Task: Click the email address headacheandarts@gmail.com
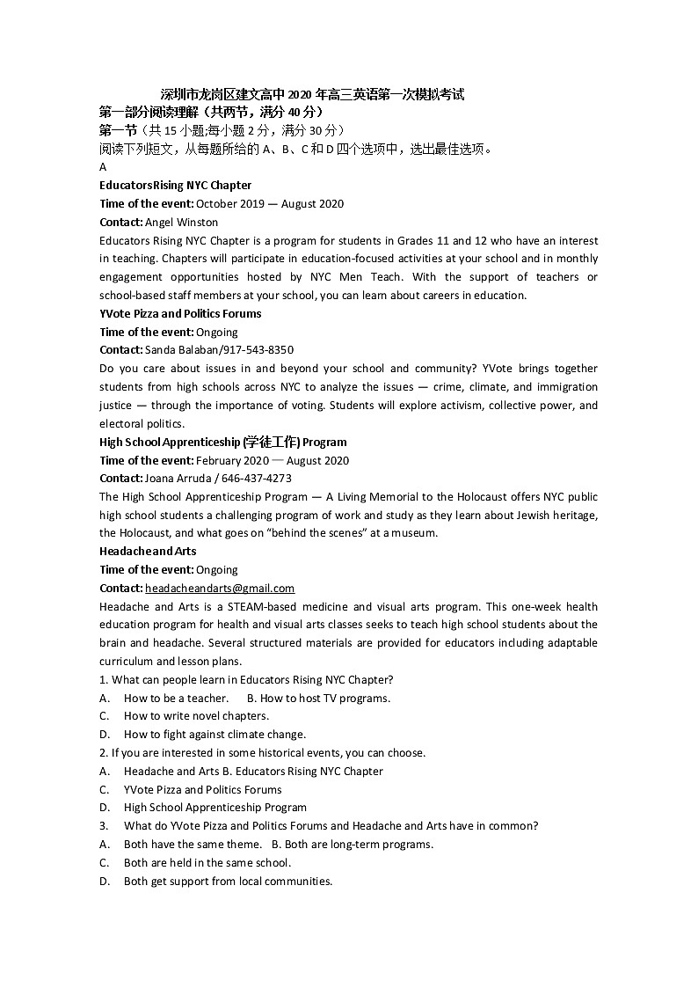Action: tap(220, 588)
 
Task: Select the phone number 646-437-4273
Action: tap(258, 479)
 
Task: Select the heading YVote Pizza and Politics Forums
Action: tap(180, 313)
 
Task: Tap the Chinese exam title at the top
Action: tap(312, 94)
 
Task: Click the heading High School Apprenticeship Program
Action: tap(223, 442)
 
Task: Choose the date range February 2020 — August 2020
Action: tap(273, 460)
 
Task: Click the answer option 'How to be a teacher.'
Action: tap(176, 698)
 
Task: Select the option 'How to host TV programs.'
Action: tap(324, 698)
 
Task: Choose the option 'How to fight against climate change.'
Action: tap(214, 735)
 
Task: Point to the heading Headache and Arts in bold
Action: tap(148, 552)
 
